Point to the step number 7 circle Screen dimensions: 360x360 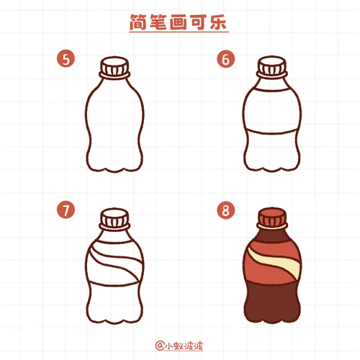[x=67, y=211]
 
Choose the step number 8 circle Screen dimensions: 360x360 [x=227, y=211]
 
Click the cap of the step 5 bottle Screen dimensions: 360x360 [x=114, y=69]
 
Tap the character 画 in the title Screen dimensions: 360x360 [x=177, y=23]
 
